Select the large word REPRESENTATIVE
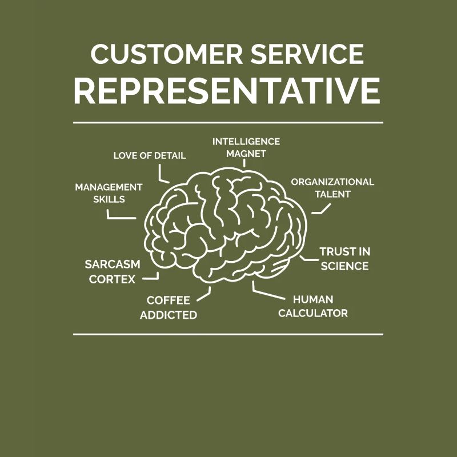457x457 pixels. tap(228, 89)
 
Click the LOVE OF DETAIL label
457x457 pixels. tap(150, 155)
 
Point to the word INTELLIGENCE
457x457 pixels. tap(246, 141)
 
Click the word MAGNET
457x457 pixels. tap(246, 154)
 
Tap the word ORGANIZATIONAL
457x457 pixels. tap(332, 182)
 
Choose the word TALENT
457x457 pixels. tap(332, 194)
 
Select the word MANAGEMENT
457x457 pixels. tap(109, 187)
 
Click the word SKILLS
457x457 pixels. tap(109, 199)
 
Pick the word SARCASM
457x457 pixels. tap(113, 264)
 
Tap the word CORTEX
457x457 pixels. tap(113, 279)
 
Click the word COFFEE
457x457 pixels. tap(169, 300)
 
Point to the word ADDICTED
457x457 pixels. tap(169, 315)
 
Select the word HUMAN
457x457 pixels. tap(313, 299)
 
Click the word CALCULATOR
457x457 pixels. tap(313, 313)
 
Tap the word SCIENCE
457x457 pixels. tap(344, 266)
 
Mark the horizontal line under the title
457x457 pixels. tap(228, 122)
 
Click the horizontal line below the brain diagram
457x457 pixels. tap(228, 334)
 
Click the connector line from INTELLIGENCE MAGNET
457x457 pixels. tap(244, 163)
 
